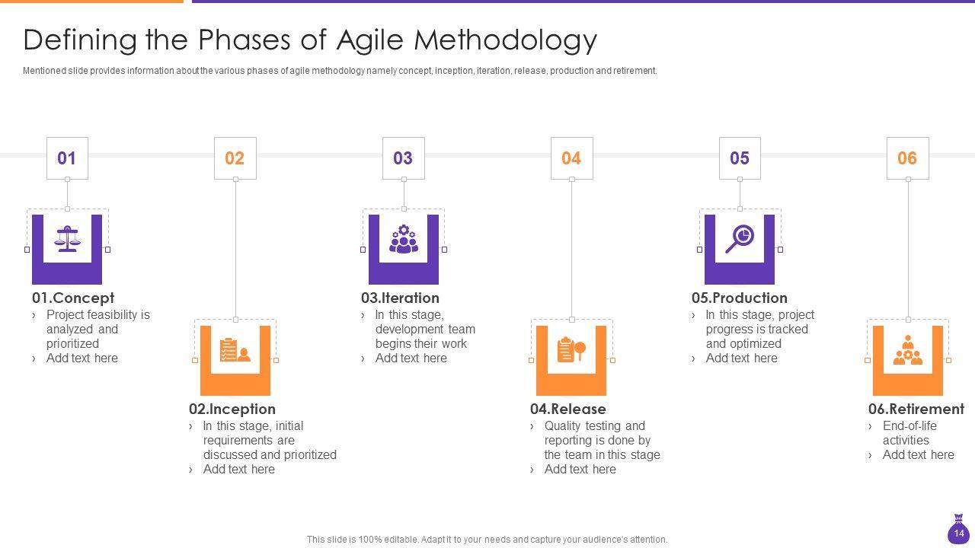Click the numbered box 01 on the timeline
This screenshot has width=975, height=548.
coord(67,158)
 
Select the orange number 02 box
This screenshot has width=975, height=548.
coord(235,158)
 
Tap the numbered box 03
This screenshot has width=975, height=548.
coord(404,158)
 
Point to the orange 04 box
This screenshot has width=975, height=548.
coord(571,158)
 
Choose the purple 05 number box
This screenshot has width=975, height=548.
coord(740,158)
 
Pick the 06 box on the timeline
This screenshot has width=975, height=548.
coord(907,158)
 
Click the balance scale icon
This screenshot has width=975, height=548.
coord(67,239)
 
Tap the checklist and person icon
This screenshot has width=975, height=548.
coord(235,349)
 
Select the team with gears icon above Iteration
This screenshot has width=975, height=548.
coord(404,239)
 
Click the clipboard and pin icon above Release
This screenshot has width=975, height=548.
coord(571,349)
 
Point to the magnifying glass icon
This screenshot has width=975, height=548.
coord(740,239)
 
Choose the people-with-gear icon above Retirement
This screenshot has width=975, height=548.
coord(907,349)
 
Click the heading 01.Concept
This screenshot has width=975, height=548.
coord(72,298)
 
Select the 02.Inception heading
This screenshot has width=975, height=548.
coord(232,409)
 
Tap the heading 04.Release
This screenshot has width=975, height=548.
coord(567,409)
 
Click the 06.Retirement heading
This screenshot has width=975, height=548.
coord(916,409)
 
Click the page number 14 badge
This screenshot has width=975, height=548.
coord(958,530)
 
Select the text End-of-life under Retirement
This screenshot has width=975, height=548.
coord(909,425)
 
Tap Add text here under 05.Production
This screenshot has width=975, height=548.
coord(741,358)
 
